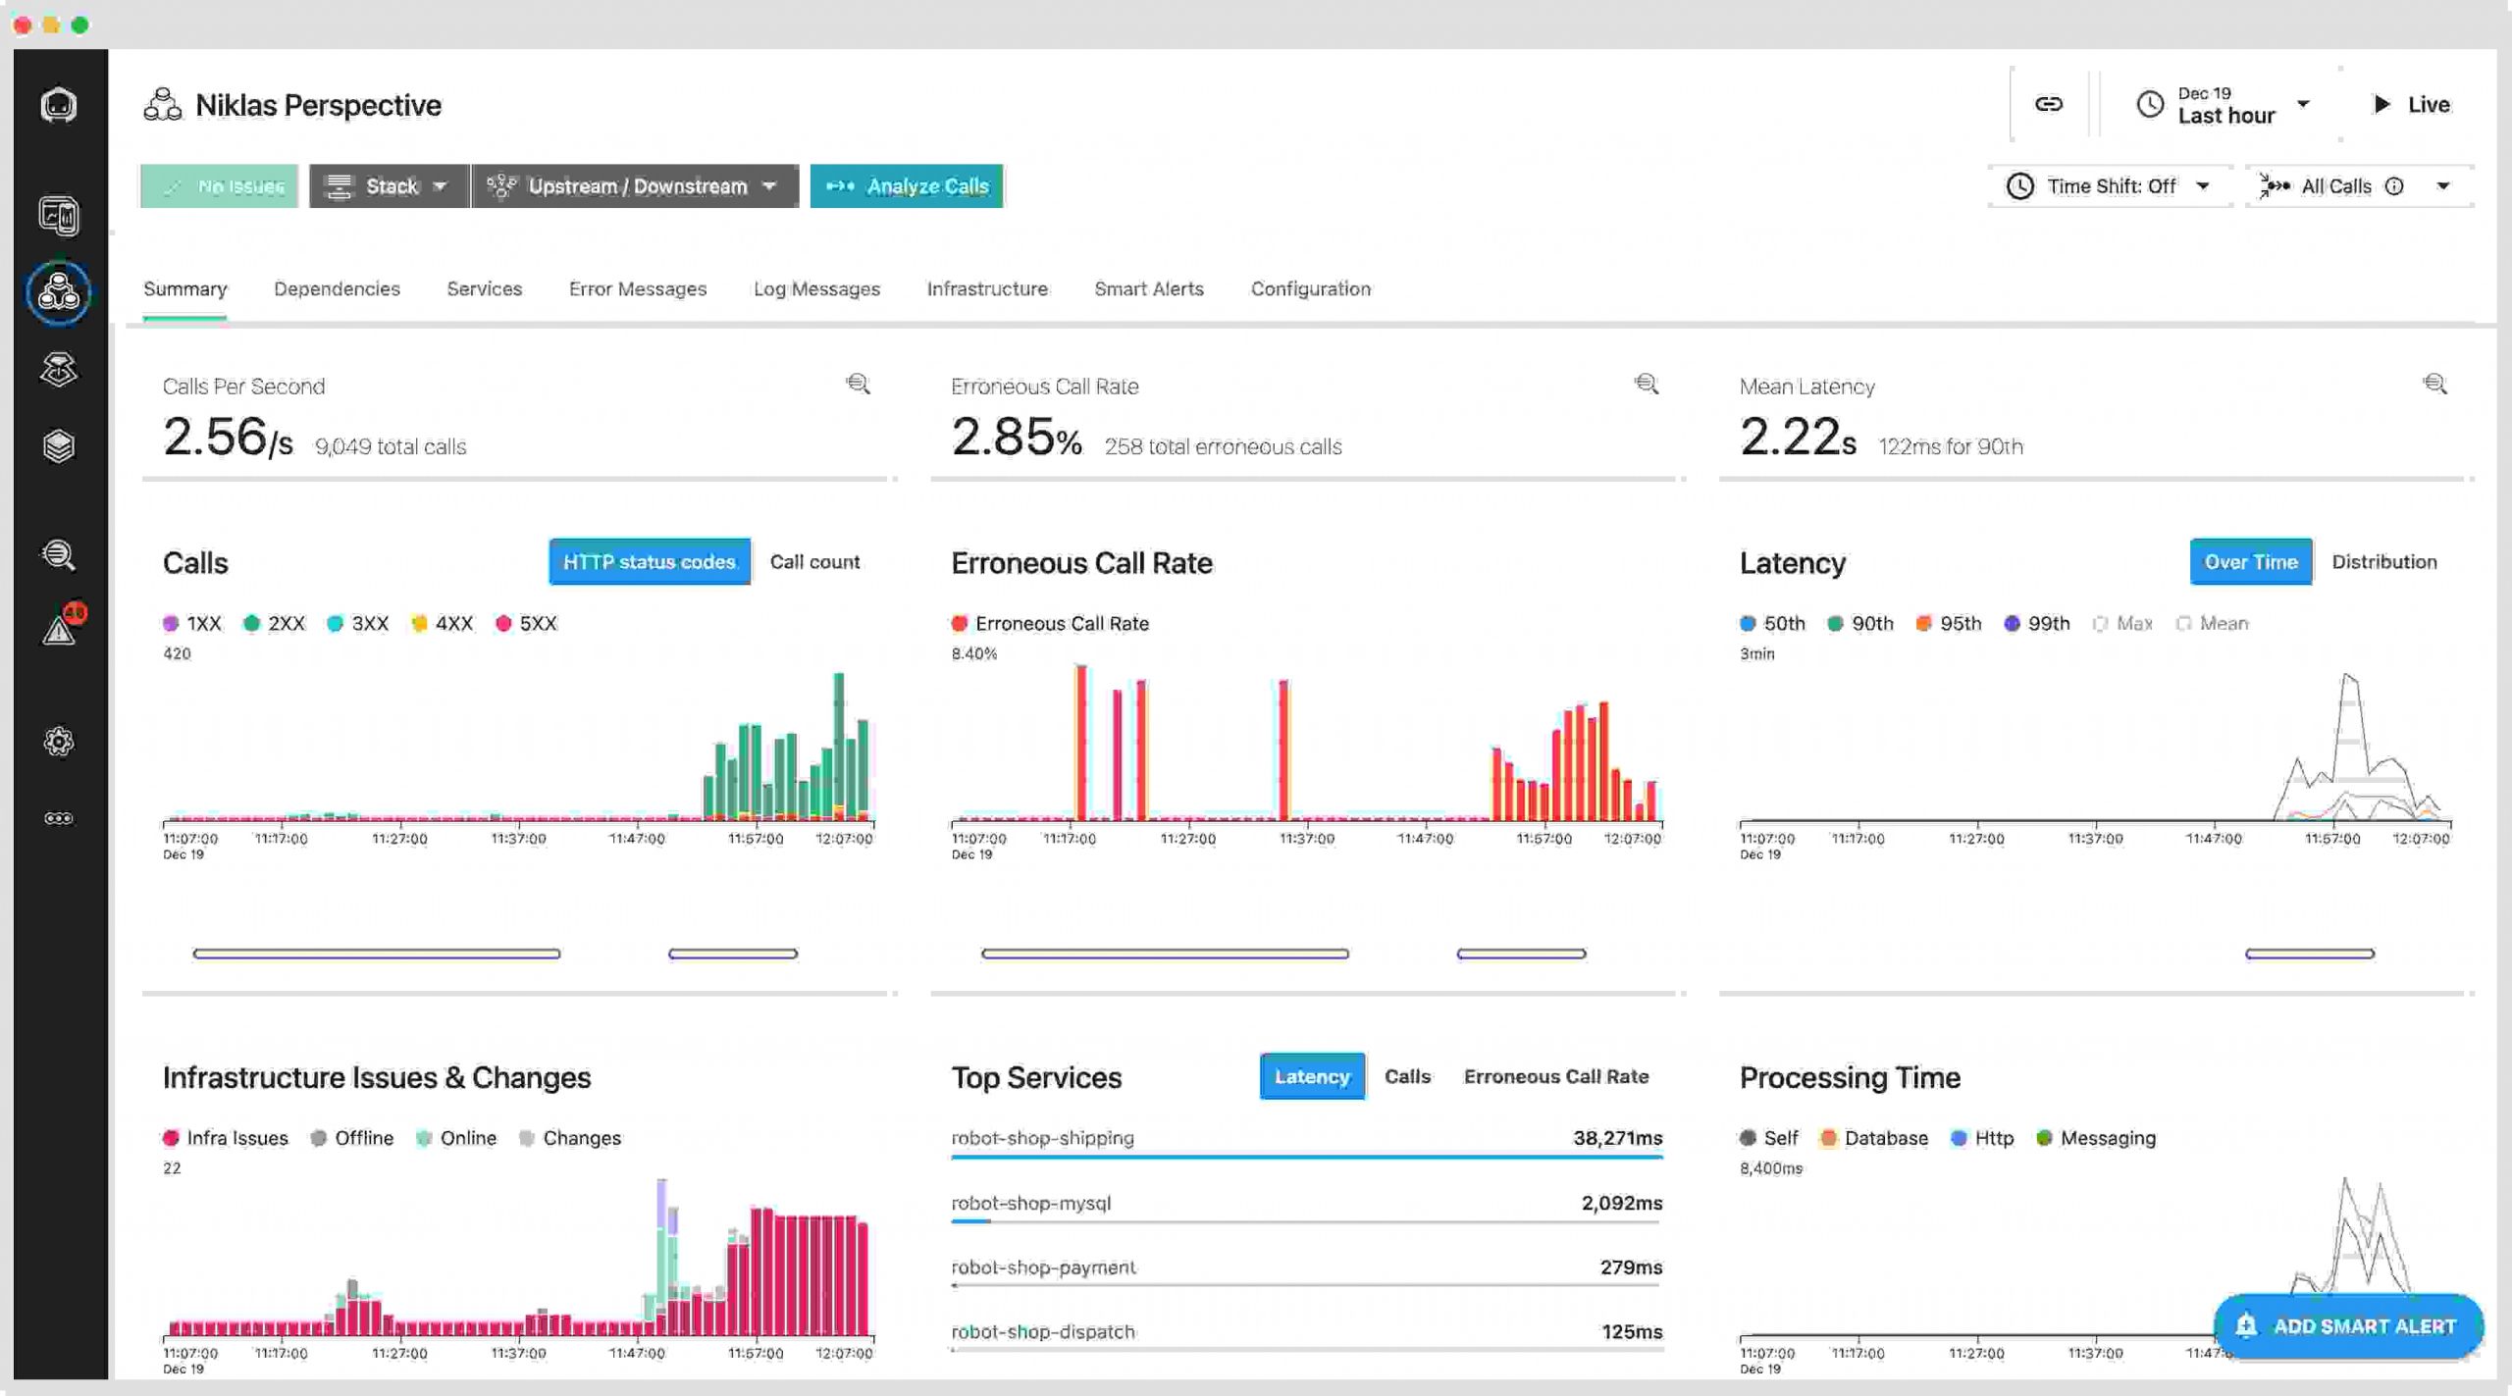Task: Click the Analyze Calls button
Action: click(x=906, y=186)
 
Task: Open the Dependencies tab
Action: click(x=337, y=289)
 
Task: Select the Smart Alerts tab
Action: click(x=1148, y=289)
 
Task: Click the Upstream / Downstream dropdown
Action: click(x=635, y=186)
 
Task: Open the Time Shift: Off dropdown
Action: click(x=2110, y=186)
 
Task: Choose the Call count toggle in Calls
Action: click(x=814, y=562)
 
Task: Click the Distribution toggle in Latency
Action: click(x=2383, y=562)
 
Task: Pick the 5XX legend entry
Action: click(x=527, y=624)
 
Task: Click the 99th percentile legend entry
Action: click(x=2038, y=624)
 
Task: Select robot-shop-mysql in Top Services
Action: click(x=1030, y=1204)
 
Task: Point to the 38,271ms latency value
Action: click(x=1617, y=1138)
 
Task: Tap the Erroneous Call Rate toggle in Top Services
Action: click(x=1555, y=1077)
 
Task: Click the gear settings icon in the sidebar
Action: click(x=59, y=742)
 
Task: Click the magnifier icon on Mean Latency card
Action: click(x=2433, y=385)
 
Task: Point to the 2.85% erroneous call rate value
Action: click(x=1016, y=438)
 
